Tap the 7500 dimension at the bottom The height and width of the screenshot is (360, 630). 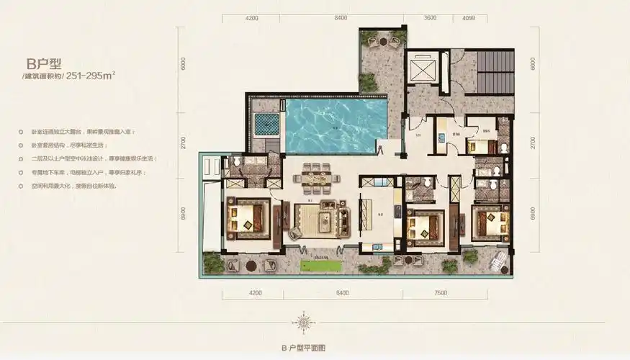pos(441,293)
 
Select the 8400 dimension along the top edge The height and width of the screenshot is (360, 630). pos(341,19)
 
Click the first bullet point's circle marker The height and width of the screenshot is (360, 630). pos(24,132)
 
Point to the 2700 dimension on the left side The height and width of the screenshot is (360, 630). pos(184,143)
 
